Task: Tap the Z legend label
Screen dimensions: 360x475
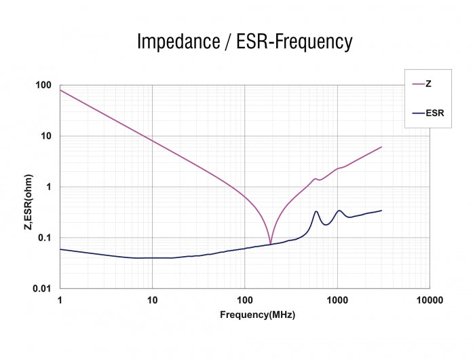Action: click(x=429, y=84)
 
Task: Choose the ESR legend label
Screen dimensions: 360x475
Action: click(x=434, y=113)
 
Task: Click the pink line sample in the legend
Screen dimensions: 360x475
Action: click(x=418, y=84)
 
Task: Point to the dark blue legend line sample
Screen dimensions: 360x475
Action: click(x=418, y=113)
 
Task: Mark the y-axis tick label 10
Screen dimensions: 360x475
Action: click(x=47, y=136)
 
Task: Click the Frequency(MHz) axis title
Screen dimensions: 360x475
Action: click(x=257, y=315)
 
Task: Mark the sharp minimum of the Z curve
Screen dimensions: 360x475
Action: click(x=270, y=243)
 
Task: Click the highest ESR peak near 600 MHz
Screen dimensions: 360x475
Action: click(x=316, y=211)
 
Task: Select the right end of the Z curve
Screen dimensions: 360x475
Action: click(x=381, y=147)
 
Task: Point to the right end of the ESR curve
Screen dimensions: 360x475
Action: click(x=381, y=211)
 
